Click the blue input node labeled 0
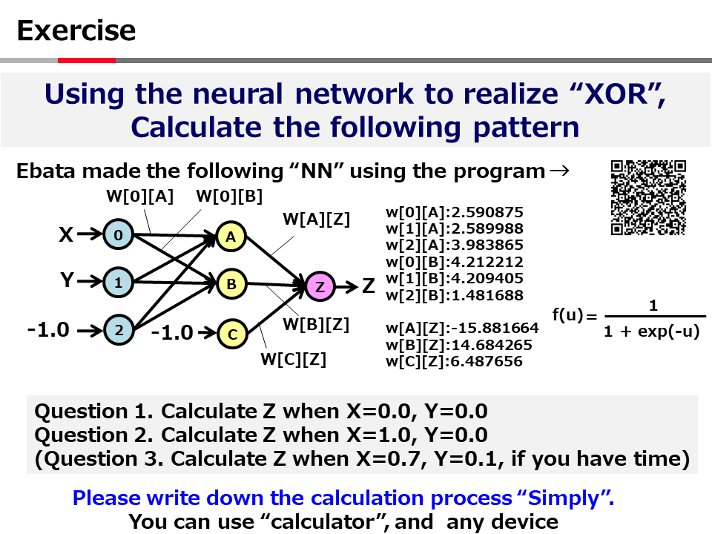tap(118, 235)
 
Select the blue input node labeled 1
tap(118, 283)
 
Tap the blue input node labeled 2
tap(119, 329)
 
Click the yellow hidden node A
tap(231, 237)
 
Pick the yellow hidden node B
tap(231, 284)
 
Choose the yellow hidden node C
tap(232, 334)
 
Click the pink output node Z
tap(320, 286)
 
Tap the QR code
tap(648, 197)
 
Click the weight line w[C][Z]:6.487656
tap(454, 361)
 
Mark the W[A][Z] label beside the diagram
tap(317, 220)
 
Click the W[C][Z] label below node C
tap(294, 359)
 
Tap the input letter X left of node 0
tap(66, 235)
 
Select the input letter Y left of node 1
tap(67, 280)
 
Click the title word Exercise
tap(76, 30)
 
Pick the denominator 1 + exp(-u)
tap(652, 332)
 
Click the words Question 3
tap(99, 458)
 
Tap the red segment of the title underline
tap(87, 60)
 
